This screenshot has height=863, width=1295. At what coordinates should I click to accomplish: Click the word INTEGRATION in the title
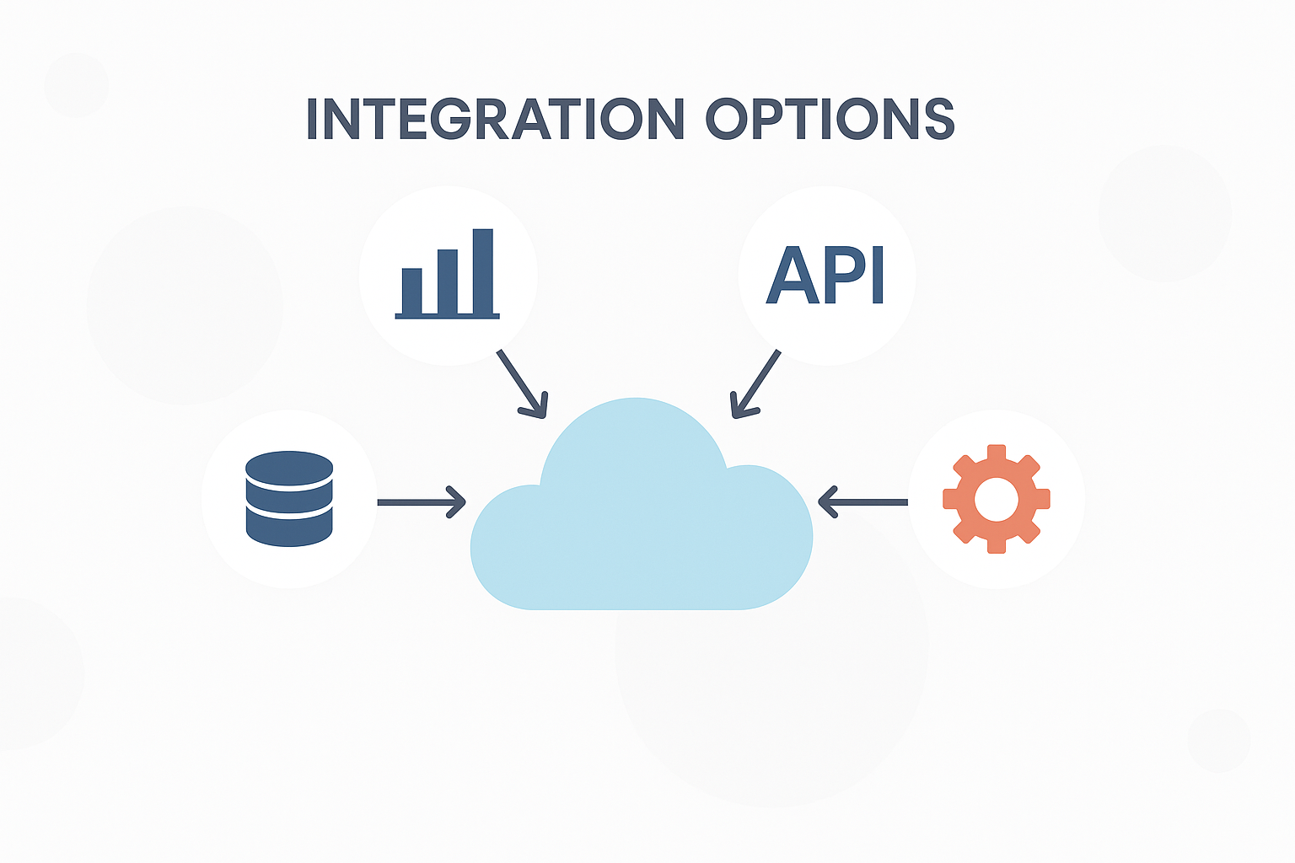pyautogui.click(x=494, y=119)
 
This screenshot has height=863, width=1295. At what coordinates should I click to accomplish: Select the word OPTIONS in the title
pyautogui.click(x=830, y=119)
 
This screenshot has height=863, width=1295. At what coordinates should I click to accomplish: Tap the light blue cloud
pyautogui.click(x=641, y=523)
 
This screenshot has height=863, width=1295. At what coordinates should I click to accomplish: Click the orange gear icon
pyautogui.click(x=996, y=499)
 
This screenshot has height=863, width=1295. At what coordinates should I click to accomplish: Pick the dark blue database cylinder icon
pyautogui.click(x=289, y=499)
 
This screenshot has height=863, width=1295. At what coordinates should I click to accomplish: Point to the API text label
pyautogui.click(x=825, y=276)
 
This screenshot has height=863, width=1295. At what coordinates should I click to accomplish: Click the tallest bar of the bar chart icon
pyautogui.click(x=482, y=271)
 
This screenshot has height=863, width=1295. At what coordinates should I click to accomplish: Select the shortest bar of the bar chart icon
pyautogui.click(x=411, y=291)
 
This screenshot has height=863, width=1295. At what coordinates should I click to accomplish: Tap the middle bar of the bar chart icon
pyautogui.click(x=447, y=281)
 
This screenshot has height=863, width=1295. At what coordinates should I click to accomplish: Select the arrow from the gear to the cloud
pyautogui.click(x=863, y=502)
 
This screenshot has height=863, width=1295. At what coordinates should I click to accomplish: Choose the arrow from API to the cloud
pyautogui.click(x=755, y=383)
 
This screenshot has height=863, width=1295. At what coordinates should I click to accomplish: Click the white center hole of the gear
pyautogui.click(x=996, y=500)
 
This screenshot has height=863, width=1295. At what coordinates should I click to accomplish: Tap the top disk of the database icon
pyautogui.click(x=289, y=468)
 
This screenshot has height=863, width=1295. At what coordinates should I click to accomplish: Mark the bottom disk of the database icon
pyautogui.click(x=289, y=529)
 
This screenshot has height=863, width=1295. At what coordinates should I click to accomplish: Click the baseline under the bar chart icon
pyautogui.click(x=447, y=317)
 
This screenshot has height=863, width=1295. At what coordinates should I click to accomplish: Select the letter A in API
pyautogui.click(x=794, y=276)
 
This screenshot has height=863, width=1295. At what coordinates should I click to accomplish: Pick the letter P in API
pyautogui.click(x=846, y=276)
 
